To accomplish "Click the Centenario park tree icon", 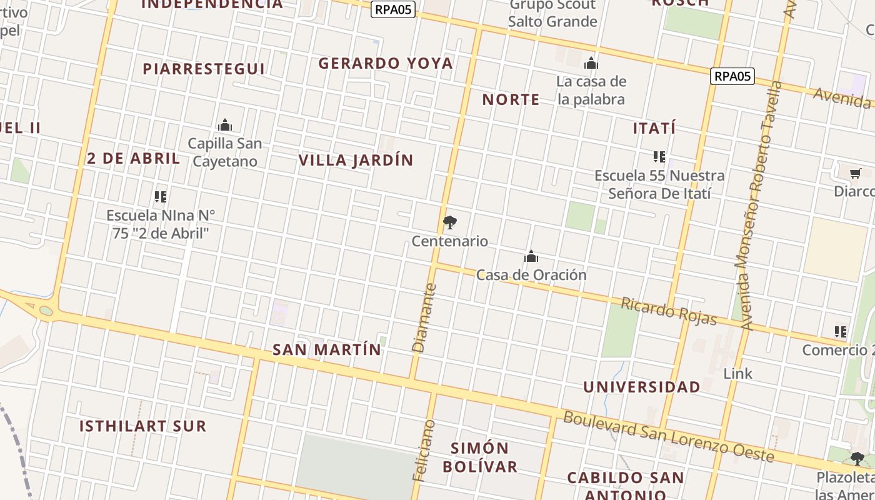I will point(449,222).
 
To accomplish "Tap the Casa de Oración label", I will point(531,275).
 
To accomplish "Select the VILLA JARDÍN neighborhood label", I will point(356,160).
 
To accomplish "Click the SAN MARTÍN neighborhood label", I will point(327,349).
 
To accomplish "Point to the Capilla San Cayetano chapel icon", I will point(225,126).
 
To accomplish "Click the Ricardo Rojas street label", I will point(668,311).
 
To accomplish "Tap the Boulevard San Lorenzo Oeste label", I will point(669,436).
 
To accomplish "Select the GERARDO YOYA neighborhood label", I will point(386,63).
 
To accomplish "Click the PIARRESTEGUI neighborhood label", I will point(204,69).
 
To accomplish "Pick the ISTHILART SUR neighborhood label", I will point(142,426).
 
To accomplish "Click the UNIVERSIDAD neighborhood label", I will point(642,387).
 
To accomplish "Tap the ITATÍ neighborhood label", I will point(654,128).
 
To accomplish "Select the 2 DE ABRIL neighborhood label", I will point(134,158).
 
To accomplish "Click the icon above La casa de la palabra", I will point(591,64).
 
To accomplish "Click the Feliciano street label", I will point(424,450).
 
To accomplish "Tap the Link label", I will point(738,374).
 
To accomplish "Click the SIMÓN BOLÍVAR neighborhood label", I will point(480,457).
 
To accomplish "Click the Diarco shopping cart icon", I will point(855,173).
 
